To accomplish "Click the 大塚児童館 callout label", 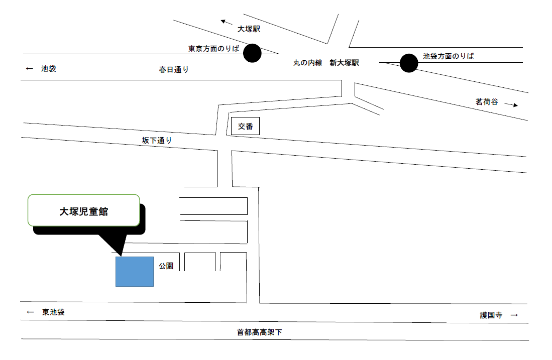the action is tap(84, 211).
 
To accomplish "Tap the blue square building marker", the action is tap(135, 272).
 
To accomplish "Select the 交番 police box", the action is tap(246, 126).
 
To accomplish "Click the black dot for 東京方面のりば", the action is tap(253, 53).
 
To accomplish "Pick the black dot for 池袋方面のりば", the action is tap(409, 63).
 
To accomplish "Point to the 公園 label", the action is tap(166, 266).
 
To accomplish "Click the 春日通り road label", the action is tap(174, 70).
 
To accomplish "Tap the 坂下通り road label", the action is tap(157, 141).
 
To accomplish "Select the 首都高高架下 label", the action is tap(260, 332).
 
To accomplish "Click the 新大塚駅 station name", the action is tap(344, 63).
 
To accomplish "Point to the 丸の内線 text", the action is tap(308, 63).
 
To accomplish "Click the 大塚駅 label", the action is tap(249, 29).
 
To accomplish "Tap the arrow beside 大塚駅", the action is tap(227, 23).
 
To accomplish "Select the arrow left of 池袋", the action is tap(30, 69).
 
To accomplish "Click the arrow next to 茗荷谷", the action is tap(511, 104).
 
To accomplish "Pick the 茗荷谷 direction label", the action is tap(487, 102).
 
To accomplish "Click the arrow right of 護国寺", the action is tap(514, 315).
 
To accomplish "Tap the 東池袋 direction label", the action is tap(54, 312).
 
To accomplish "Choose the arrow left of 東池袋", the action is tap(30, 312).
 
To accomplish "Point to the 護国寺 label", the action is tap(491, 315).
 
